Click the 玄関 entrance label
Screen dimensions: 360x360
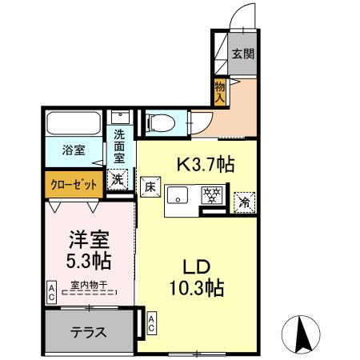tap(243, 54)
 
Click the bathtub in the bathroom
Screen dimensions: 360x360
tap(72, 125)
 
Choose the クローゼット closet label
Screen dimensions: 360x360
tap(74, 184)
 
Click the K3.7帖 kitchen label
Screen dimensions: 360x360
tap(205, 166)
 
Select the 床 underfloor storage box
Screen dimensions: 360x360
tap(150, 189)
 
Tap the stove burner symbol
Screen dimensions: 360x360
tap(211, 195)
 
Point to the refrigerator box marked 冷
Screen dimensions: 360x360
tap(243, 202)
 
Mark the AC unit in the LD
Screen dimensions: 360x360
tap(152, 323)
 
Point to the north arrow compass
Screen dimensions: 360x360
tap(303, 332)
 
